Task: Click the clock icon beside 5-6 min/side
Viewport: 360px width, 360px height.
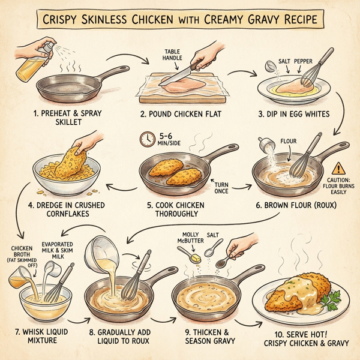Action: coord(145,139)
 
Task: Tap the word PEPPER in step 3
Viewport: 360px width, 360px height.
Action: coord(306,62)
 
